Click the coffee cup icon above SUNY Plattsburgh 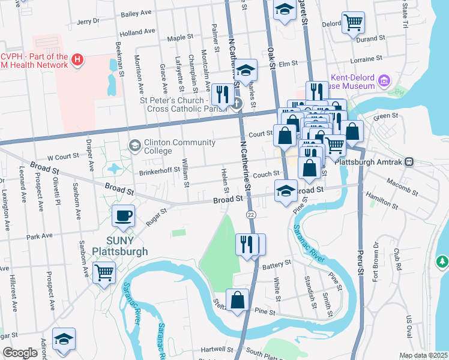124,215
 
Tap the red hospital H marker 77,59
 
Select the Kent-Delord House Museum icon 384,80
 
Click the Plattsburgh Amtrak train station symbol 409,161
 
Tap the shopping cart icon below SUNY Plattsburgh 104,273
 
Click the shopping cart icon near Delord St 354,23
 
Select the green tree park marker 442,262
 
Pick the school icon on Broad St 286,191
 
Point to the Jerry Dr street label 88,21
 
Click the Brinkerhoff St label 160,170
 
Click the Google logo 20,353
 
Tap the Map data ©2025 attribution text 423,355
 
